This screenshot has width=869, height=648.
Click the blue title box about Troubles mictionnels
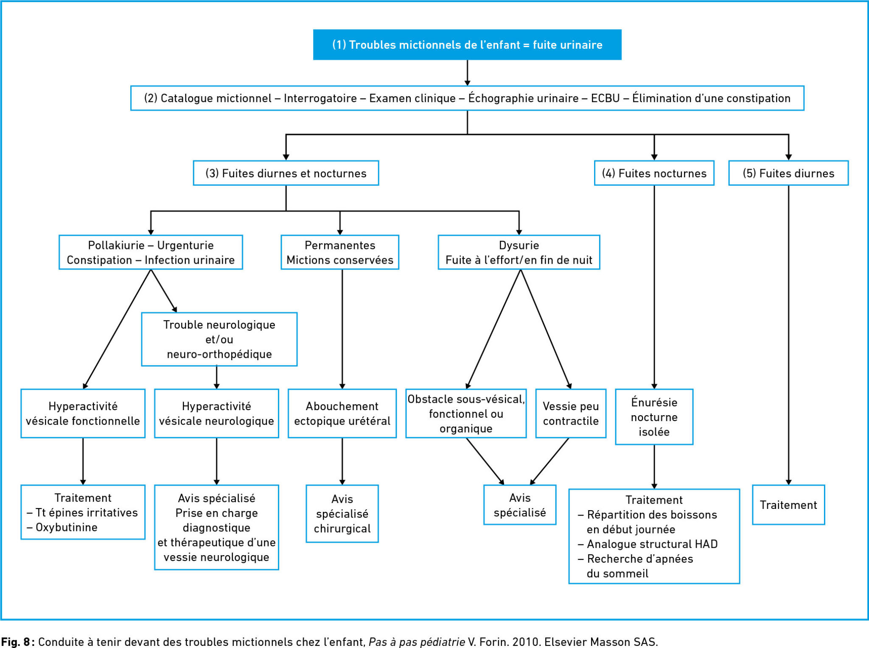pyautogui.click(x=467, y=45)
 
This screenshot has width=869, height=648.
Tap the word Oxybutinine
pyautogui.click(x=67, y=527)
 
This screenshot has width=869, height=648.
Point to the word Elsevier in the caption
pyautogui.click(x=563, y=642)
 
